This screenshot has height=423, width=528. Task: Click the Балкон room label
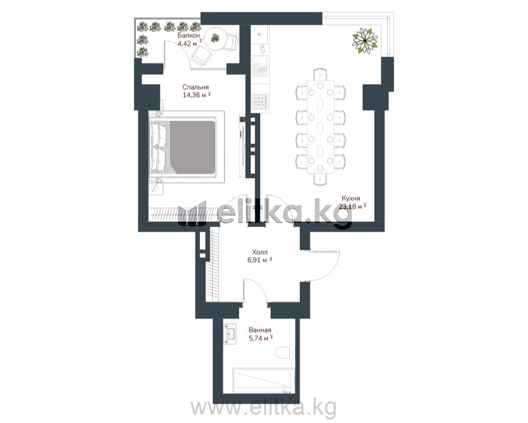[189, 35]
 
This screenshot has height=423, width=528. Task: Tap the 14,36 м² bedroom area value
[197, 95]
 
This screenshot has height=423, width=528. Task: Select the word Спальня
[195, 87]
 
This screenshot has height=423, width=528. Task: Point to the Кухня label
[351, 198]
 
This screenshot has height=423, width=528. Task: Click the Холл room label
[260, 252]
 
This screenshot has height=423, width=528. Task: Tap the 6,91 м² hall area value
[260, 260]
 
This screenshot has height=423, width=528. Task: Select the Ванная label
[260, 330]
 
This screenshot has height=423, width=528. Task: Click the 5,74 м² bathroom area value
[260, 338]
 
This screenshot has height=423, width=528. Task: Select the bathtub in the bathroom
[264, 381]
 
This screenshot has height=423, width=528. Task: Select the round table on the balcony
[215, 38]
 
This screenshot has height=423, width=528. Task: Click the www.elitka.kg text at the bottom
[264, 407]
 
